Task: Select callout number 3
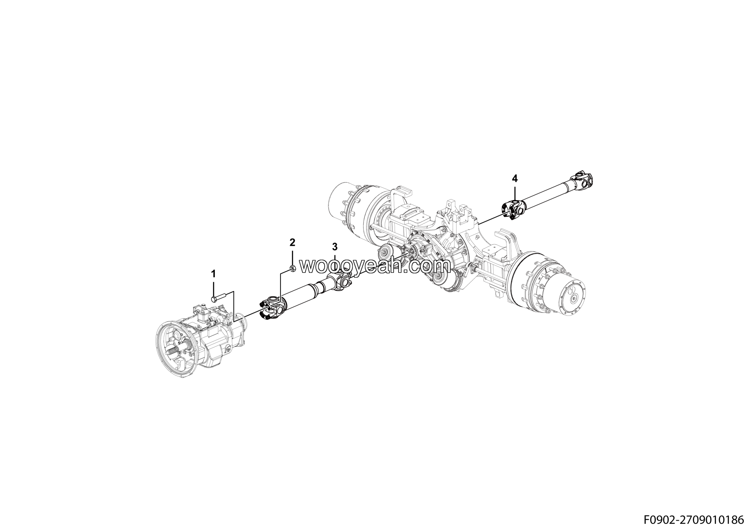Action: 335,246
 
